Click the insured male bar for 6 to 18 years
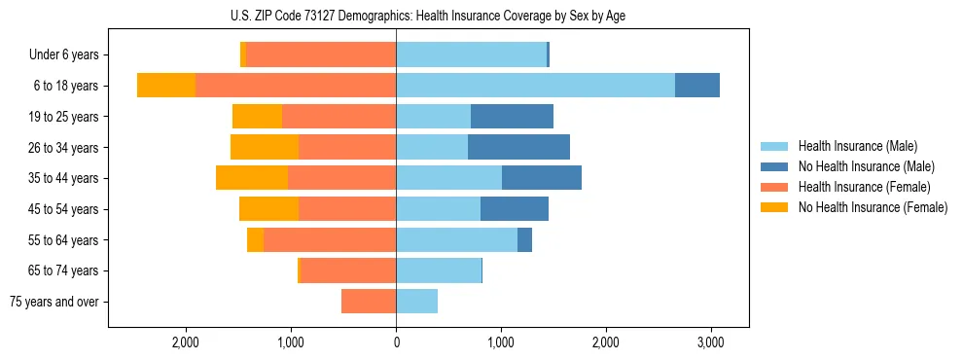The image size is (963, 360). pos(535,86)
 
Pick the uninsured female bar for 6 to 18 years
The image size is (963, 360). pos(166,86)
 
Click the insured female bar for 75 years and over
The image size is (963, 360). pos(369,302)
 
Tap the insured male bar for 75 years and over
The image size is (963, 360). pos(416,302)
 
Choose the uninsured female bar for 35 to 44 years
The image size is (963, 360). pos(252,178)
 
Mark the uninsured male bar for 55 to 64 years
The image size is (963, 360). pos(524,239)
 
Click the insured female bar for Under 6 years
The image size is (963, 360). pos(321,55)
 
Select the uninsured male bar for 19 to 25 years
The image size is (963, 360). pos(512,117)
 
